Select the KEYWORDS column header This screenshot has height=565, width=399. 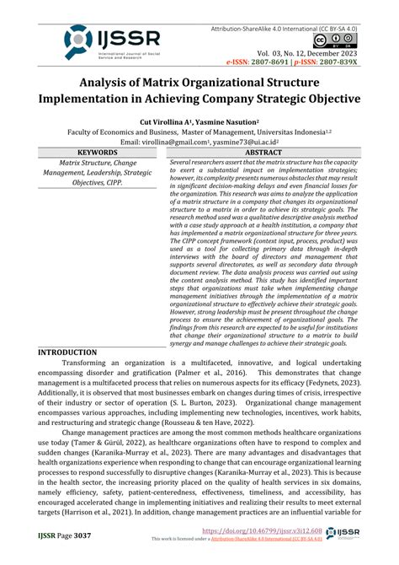[x=94, y=153]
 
